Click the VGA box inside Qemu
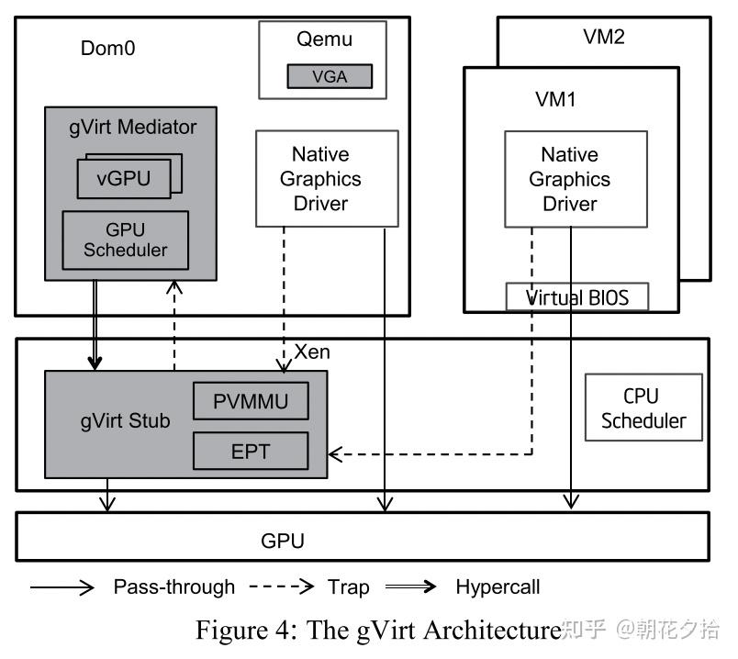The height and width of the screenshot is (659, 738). click(x=330, y=76)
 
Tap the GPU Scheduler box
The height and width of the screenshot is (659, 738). click(x=125, y=239)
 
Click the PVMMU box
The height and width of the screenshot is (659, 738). click(x=250, y=401)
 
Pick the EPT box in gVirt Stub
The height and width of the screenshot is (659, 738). click(x=250, y=450)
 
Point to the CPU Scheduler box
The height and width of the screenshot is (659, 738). click(x=643, y=408)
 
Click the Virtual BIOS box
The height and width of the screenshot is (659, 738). click(x=578, y=297)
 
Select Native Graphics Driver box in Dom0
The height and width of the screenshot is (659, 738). click(x=327, y=178)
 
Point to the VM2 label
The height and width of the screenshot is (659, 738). click(x=604, y=37)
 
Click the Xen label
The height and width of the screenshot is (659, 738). click(x=312, y=352)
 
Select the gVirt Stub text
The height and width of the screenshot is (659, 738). click(x=125, y=423)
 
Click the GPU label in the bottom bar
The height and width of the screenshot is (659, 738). click(x=283, y=541)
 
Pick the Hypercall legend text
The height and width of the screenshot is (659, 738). click(x=498, y=586)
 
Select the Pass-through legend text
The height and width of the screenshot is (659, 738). click(x=174, y=586)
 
